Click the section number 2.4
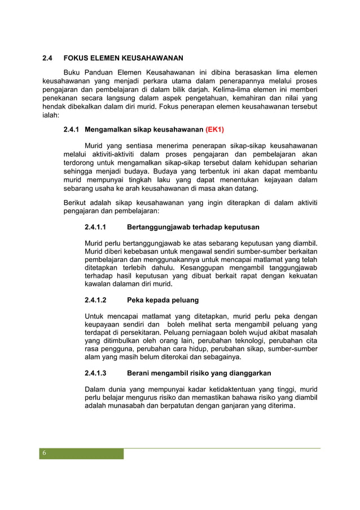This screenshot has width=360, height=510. coord(48,58)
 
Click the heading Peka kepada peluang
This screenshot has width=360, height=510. coord(163,300)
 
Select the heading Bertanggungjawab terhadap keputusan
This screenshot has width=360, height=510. coord(193,227)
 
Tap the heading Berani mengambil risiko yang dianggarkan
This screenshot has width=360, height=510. coord(199,373)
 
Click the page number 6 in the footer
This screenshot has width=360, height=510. coord(45,454)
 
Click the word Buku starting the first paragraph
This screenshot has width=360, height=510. coord(73,72)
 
